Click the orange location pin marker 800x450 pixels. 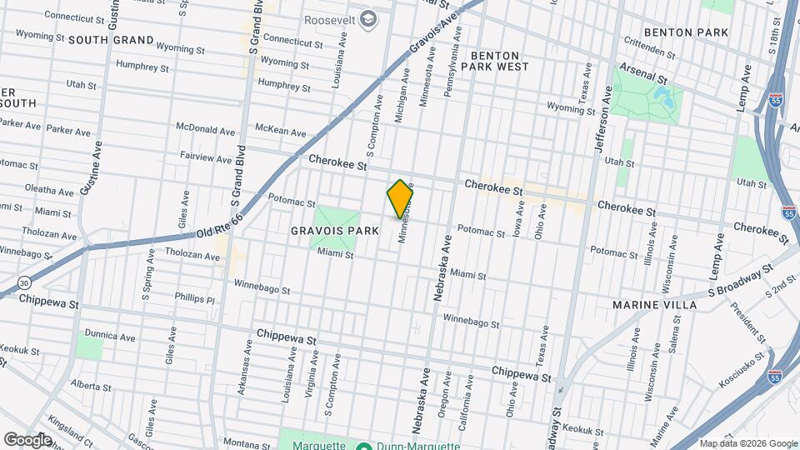click(400, 198)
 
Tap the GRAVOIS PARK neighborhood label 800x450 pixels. click(325, 229)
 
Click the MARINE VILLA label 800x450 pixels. click(647, 305)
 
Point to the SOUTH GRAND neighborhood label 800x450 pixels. click(111, 40)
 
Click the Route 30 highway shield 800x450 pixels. click(25, 282)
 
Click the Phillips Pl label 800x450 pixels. click(195, 298)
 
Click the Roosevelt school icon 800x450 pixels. click(364, 19)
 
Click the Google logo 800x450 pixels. click(27, 439)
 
